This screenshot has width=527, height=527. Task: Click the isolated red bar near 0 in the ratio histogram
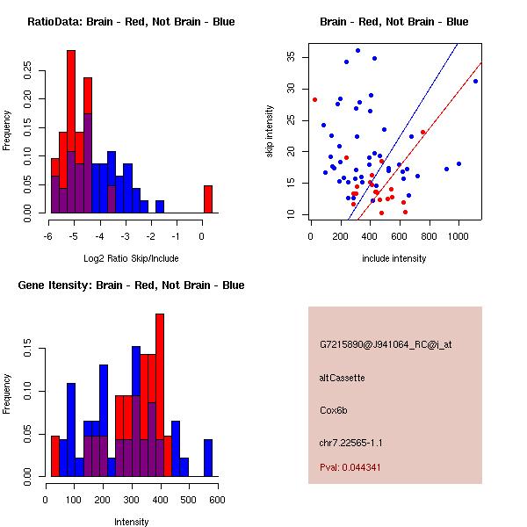click(x=208, y=199)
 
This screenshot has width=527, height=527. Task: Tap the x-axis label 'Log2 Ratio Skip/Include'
click(x=131, y=259)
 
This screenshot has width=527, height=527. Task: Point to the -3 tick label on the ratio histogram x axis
click(x=126, y=235)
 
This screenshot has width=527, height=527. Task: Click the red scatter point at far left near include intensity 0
click(x=314, y=99)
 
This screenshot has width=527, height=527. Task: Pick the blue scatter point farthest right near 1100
click(x=475, y=81)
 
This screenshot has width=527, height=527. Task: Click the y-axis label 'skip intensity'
click(x=270, y=132)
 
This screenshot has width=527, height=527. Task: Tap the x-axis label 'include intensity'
click(x=394, y=259)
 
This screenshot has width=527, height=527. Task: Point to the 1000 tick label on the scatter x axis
click(x=458, y=235)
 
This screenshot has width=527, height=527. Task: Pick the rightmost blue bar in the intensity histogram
click(x=208, y=458)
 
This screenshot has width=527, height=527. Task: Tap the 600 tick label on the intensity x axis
click(x=217, y=499)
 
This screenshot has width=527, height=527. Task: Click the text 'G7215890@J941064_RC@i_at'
click(x=386, y=345)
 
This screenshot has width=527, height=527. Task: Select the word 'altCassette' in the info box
click(x=342, y=378)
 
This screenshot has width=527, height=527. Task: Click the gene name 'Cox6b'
click(x=334, y=409)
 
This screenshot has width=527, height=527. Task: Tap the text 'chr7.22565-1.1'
click(x=351, y=442)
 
